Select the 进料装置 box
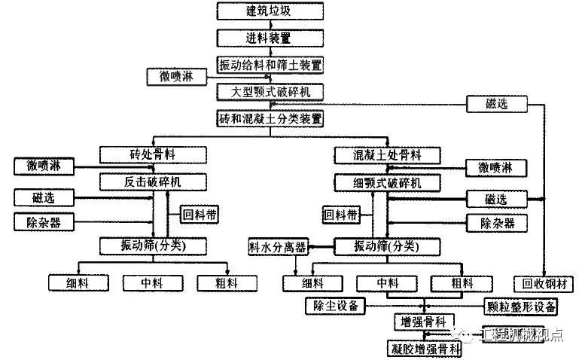(x=270, y=37)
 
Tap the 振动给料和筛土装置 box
(x=270, y=64)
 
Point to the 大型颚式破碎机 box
(x=270, y=91)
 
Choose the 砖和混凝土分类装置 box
(x=270, y=118)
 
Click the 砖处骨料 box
(x=153, y=154)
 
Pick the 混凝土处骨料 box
(x=387, y=154)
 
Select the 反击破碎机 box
(x=153, y=182)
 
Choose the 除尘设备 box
(x=334, y=305)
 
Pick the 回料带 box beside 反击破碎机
(x=200, y=214)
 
